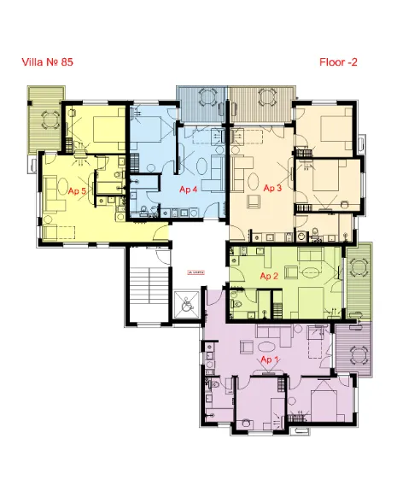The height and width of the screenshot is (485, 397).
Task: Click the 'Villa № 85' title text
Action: [x=52, y=61]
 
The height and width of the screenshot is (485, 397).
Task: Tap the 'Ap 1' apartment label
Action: [x=270, y=360]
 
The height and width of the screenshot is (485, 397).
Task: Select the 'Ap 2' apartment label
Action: [x=269, y=276]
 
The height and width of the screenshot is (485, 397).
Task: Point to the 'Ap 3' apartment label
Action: [x=272, y=187]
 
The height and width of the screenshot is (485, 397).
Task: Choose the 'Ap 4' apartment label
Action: [x=189, y=190]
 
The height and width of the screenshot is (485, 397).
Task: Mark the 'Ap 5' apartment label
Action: [x=77, y=191]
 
